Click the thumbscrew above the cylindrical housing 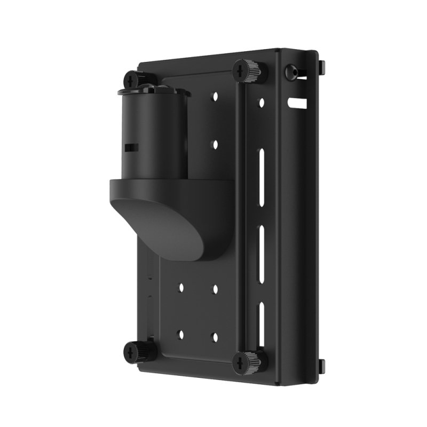[132, 81]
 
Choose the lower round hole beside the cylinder [215, 144]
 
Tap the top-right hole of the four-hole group [215, 289]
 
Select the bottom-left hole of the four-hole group [180, 335]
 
